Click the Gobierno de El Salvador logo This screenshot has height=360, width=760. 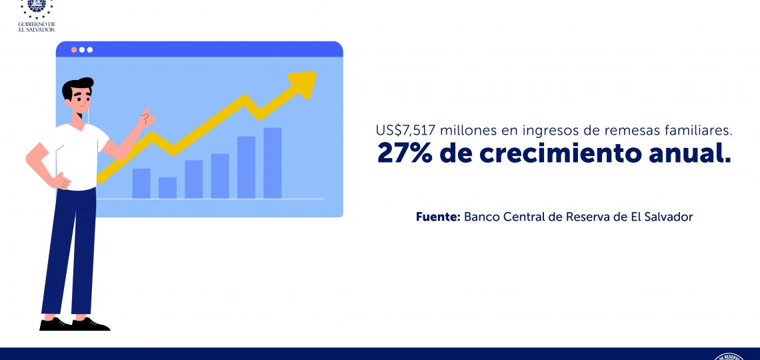(x=37, y=15)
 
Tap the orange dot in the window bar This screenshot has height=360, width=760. (x=74, y=49)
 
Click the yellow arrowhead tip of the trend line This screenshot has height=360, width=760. (x=315, y=73)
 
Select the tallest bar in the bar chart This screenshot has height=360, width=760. (x=273, y=163)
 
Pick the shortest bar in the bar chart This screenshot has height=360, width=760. (x=168, y=188)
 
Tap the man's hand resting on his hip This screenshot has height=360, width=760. (x=61, y=182)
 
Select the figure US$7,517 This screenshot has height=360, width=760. (x=405, y=131)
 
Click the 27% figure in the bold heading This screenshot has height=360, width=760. (x=404, y=153)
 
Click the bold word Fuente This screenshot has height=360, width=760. (x=438, y=217)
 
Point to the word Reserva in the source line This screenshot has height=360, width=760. (x=587, y=217)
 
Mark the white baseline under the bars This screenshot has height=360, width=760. (x=210, y=199)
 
